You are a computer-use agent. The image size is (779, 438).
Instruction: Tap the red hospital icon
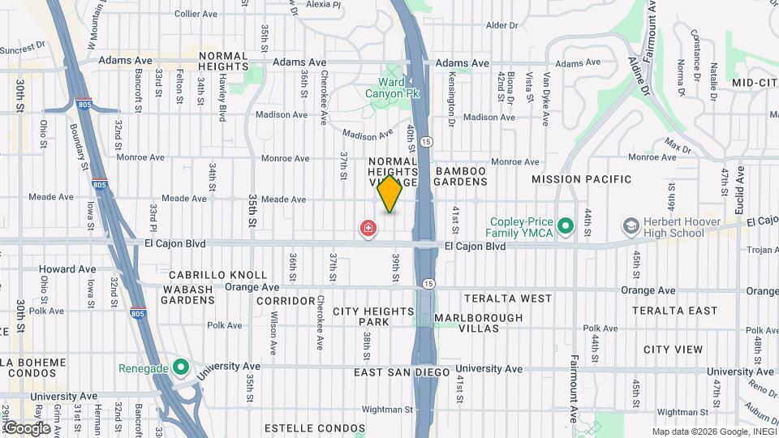click(x=368, y=229)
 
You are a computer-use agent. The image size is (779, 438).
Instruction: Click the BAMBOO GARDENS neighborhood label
click(x=460, y=177)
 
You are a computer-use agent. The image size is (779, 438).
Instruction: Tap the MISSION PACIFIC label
click(x=581, y=178)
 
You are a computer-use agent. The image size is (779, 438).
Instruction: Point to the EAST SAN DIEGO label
click(x=402, y=371)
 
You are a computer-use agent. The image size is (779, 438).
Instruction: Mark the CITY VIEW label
click(x=673, y=350)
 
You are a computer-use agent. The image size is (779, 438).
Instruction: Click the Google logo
click(x=28, y=427)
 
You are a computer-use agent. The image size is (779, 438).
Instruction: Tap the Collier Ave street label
click(x=196, y=14)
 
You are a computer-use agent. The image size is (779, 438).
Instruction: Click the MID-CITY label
click(x=755, y=83)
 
